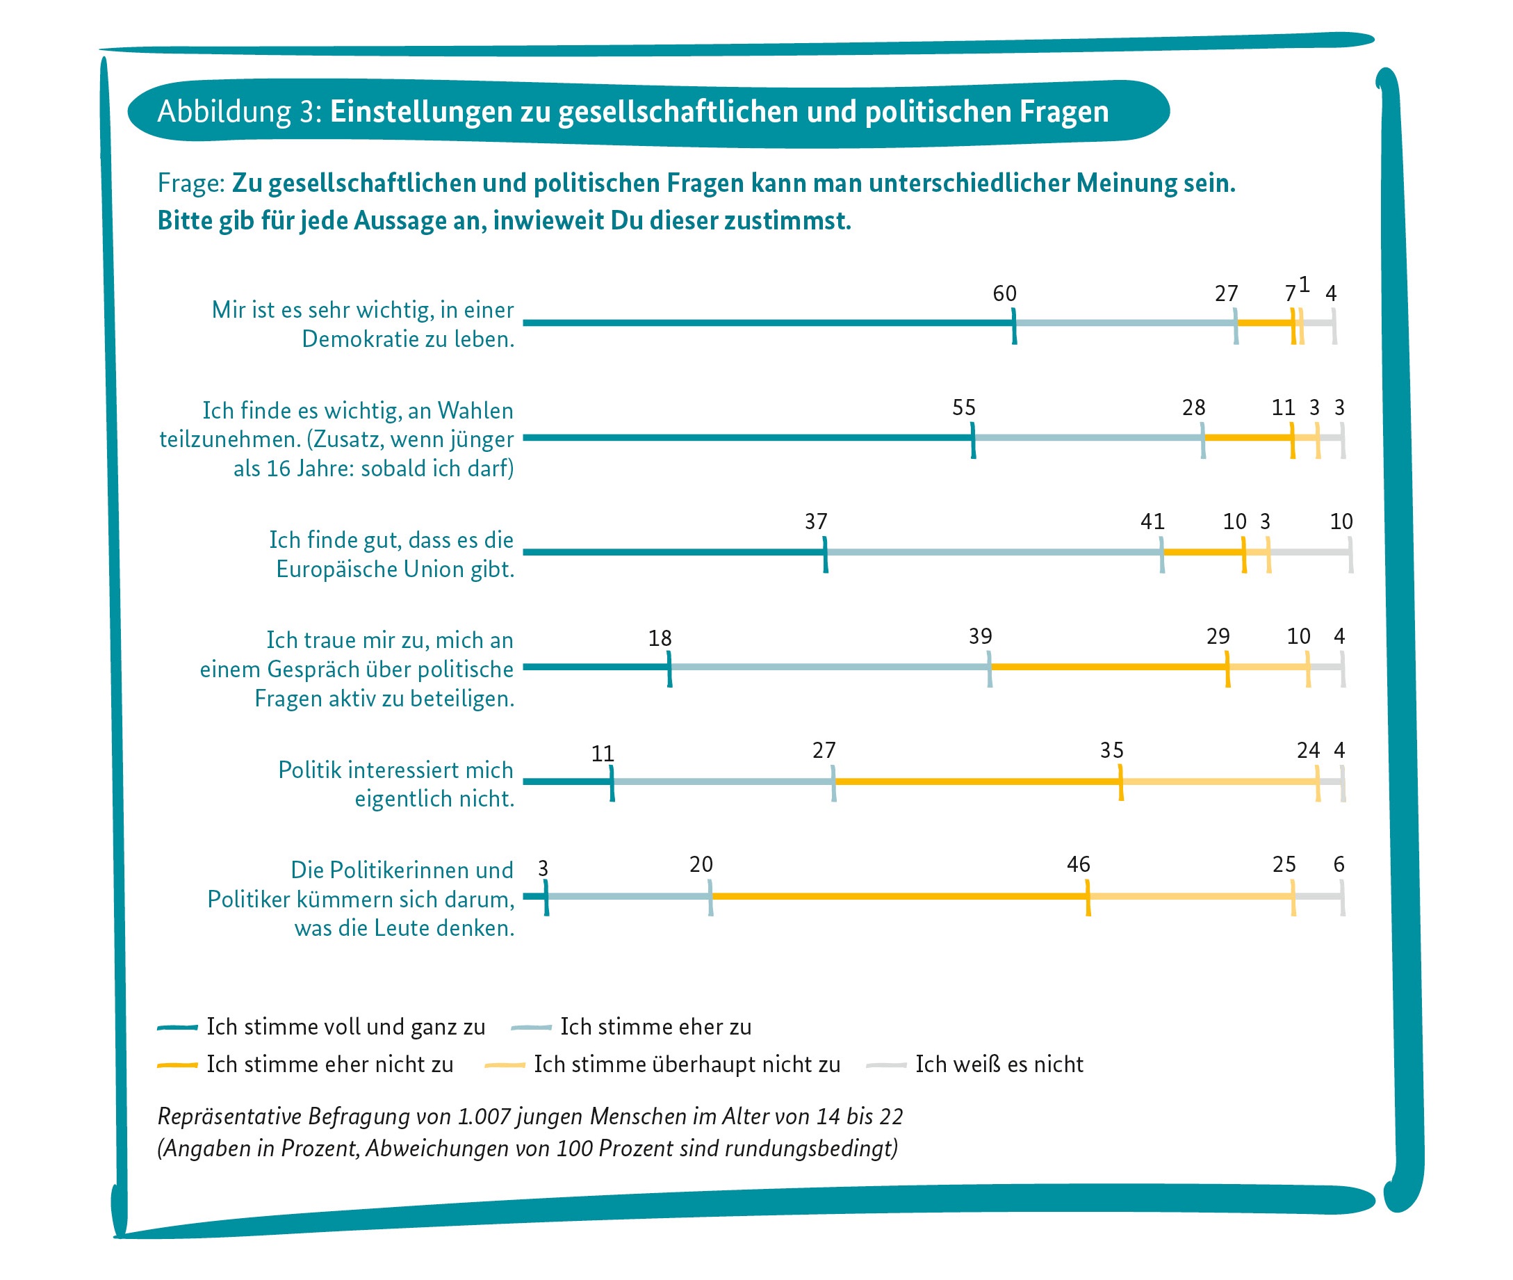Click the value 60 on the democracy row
[1004, 293]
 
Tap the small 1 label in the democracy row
[1303, 284]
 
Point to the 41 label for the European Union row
[1152, 521]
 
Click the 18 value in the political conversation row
[660, 638]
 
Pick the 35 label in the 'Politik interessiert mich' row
[1111, 750]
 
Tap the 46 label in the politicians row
[1078, 864]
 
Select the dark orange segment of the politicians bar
[899, 896]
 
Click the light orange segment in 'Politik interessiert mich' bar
[1219, 781]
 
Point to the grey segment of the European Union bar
[1310, 552]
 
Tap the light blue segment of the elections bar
[1088, 437]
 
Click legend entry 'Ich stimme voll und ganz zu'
[345, 1027]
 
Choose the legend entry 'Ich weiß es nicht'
[998, 1064]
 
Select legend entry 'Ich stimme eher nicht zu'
[329, 1064]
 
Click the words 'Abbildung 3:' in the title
[239, 112]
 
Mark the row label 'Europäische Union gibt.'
[395, 569]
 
